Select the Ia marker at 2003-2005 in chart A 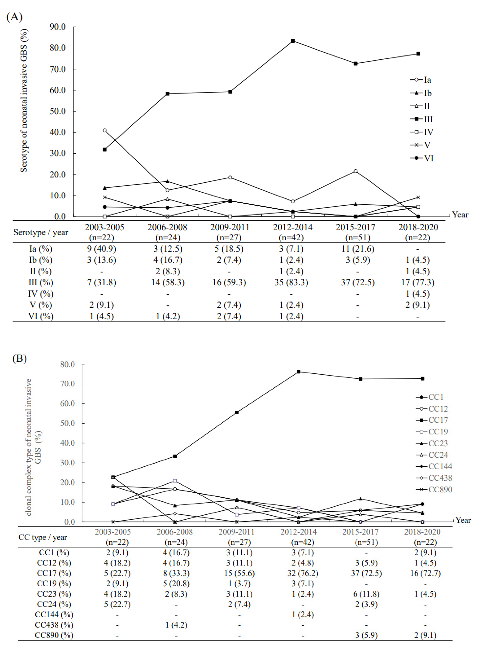(x=105, y=130)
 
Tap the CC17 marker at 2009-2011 (x=237, y=413)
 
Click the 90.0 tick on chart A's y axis (x=58, y=27)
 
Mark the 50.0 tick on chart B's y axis (x=68, y=423)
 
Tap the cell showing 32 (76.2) (x=303, y=573)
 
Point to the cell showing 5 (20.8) (x=176, y=584)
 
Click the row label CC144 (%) (x=54, y=614)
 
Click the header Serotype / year (x=41, y=232)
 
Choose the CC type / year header (x=43, y=537)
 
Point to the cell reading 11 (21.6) (x=357, y=249)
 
